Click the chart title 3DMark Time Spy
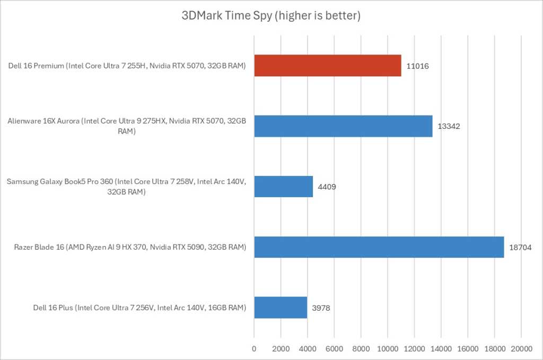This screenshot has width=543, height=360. tap(271, 16)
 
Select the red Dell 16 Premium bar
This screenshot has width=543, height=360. tap(327, 66)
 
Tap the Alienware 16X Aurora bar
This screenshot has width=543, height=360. tap(343, 126)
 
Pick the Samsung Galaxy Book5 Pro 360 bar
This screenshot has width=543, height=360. tap(283, 186)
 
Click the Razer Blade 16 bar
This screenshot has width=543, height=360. tap(379, 247)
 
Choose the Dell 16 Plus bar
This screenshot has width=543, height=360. tap(281, 308)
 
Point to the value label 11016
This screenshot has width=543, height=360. tap(418, 66)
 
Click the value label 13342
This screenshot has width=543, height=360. tap(449, 127)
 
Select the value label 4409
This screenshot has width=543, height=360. tap(327, 187)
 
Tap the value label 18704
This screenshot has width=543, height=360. tap(520, 247)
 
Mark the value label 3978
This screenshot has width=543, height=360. tap(321, 308)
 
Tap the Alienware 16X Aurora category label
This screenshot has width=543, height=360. tap(127, 126)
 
